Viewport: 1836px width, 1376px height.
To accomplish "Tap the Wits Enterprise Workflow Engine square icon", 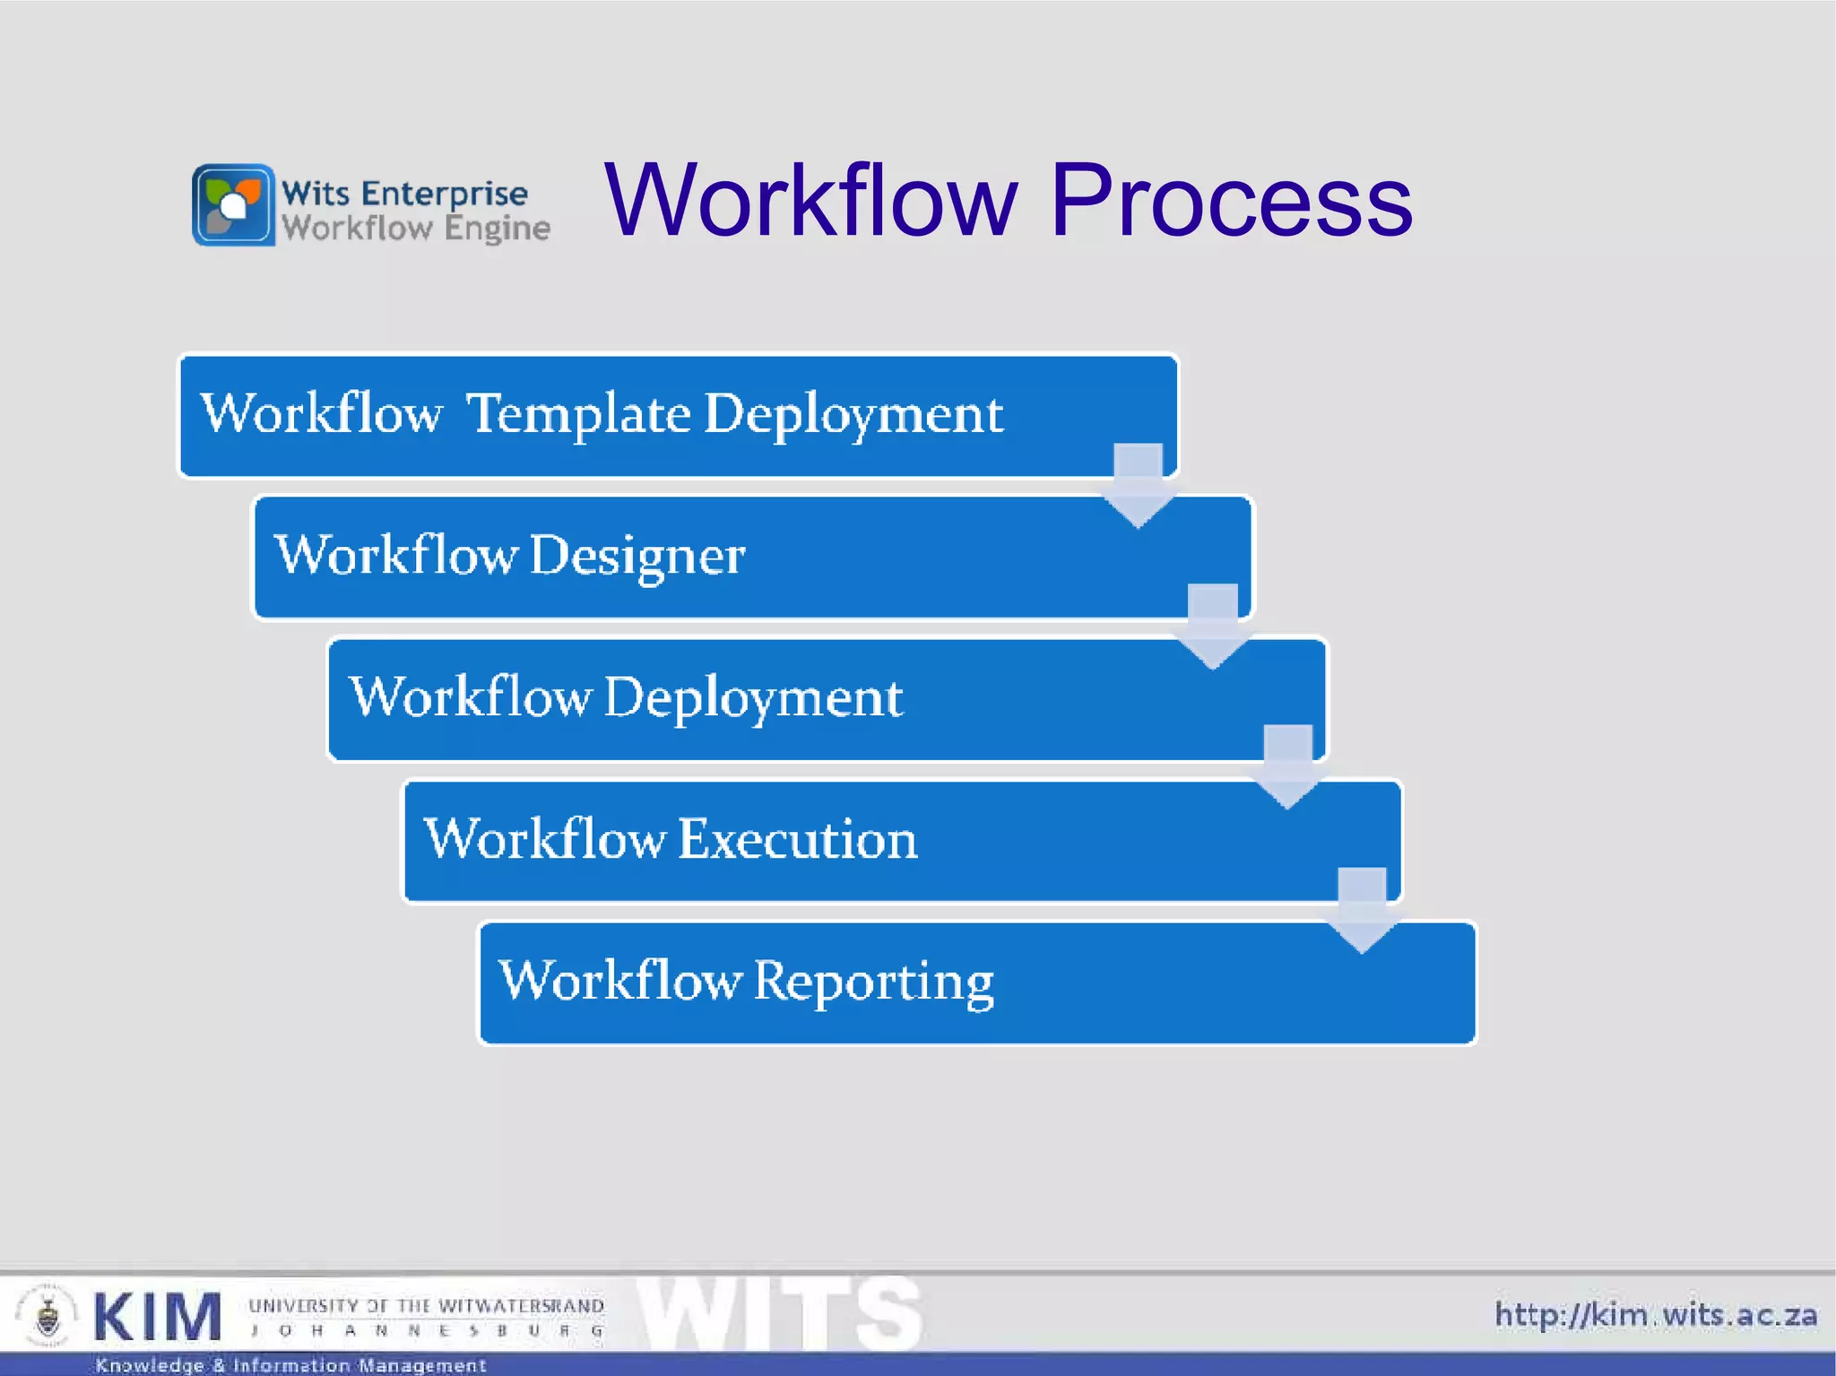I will [233, 204].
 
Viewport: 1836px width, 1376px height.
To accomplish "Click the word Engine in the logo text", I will [497, 229].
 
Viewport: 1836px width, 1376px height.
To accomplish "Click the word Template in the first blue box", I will [578, 414].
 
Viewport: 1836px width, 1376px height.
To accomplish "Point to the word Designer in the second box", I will [637, 556].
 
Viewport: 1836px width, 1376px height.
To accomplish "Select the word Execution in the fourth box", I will [797, 840].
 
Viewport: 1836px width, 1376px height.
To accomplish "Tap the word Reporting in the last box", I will [873, 982].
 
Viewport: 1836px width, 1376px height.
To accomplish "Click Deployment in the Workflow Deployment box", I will [753, 698].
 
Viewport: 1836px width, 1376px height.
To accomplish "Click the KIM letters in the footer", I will [158, 1318].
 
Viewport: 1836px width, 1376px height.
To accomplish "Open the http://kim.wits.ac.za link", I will [1655, 1315].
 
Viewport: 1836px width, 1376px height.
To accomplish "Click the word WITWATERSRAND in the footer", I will [521, 1306].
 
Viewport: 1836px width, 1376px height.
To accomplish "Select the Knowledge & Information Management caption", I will [290, 1365].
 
